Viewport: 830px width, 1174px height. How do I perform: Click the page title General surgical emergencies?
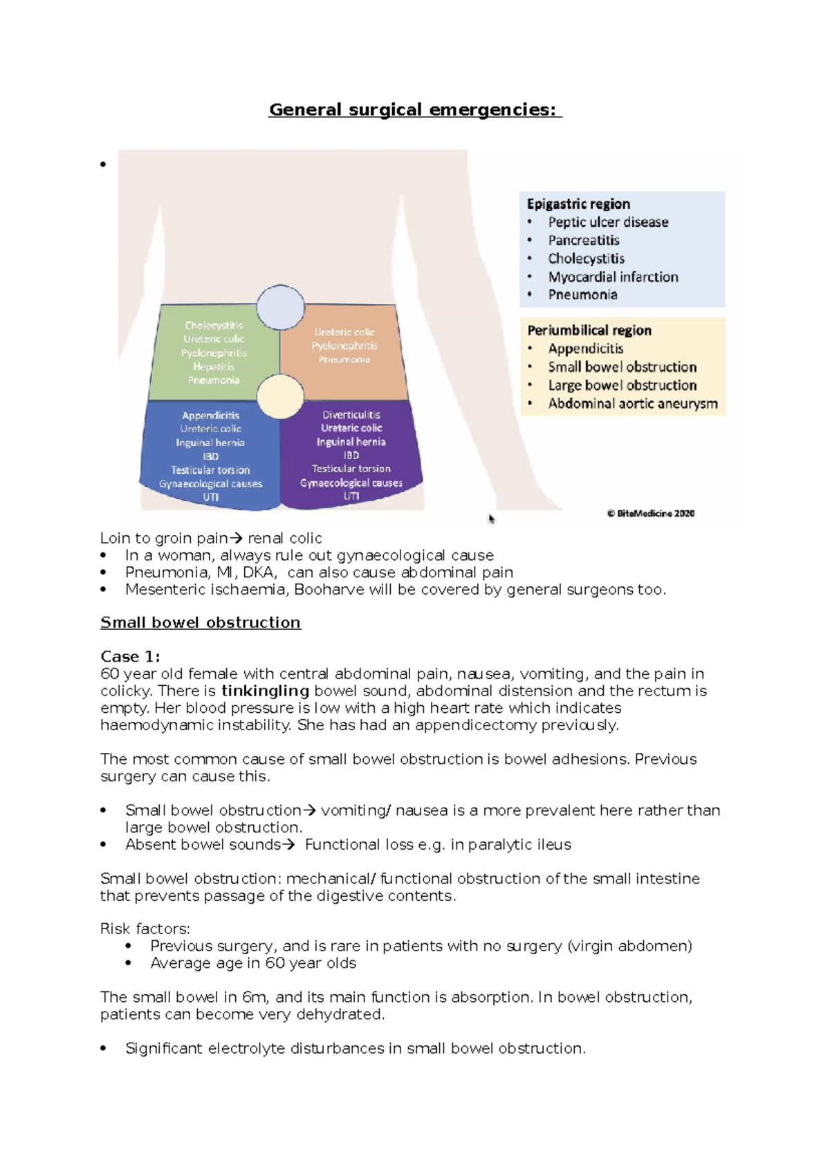coord(415,110)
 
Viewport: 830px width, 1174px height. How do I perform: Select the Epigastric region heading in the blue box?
coord(578,204)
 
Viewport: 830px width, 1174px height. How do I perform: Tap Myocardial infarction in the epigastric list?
coord(613,277)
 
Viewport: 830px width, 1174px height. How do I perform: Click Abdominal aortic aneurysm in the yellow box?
coord(632,404)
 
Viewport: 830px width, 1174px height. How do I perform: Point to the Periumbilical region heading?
coord(589,330)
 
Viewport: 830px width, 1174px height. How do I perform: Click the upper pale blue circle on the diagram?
coord(280,307)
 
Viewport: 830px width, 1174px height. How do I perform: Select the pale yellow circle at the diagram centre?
coord(280,397)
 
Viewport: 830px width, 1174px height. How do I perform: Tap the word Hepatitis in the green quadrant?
coord(214,366)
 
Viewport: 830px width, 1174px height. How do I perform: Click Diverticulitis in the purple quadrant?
coord(351,415)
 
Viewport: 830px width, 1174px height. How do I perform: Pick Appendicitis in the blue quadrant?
coord(210,416)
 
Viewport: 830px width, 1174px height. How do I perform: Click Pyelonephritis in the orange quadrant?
coord(344,346)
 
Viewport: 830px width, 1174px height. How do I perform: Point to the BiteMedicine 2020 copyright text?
coord(650,514)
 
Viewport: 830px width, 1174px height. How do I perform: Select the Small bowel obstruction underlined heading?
coord(201,622)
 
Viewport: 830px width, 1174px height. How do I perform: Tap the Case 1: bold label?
coord(130,656)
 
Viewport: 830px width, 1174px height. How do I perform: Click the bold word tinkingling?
coord(265,691)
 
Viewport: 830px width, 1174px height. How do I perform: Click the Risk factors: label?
coord(145,929)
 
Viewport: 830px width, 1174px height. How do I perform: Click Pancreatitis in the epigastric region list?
coord(583,241)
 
